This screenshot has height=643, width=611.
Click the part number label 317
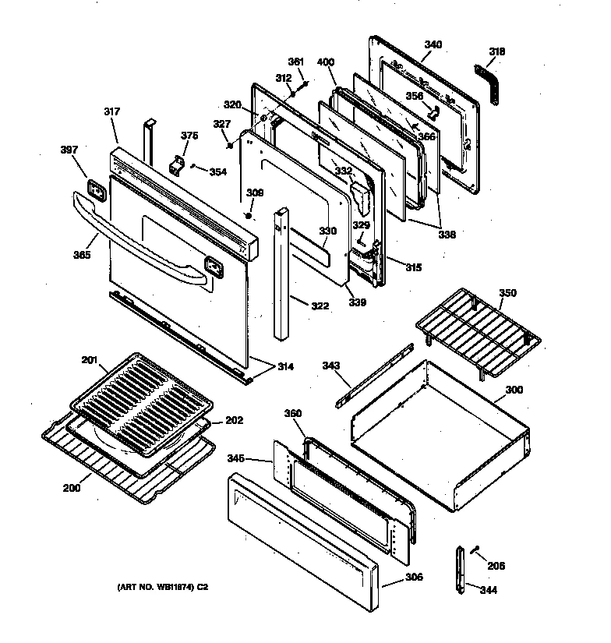112,112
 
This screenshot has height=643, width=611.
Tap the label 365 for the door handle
82,254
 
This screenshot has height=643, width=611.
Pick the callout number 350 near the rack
507,293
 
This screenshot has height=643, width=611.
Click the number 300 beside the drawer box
514,390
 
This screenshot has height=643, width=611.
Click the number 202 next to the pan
234,420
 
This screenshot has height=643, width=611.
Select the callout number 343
332,366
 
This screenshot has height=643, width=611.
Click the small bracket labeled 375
177,167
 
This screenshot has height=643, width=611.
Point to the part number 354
218,172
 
